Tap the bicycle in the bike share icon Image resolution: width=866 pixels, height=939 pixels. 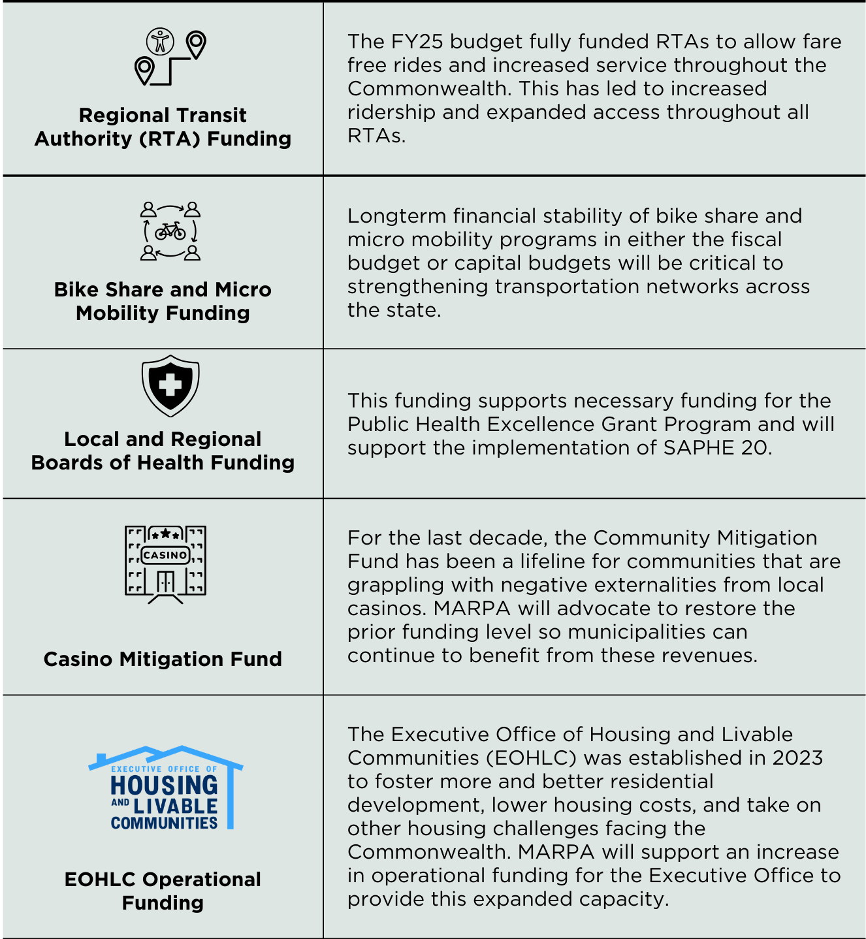(170, 231)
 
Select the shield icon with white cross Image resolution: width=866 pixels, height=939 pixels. (170, 385)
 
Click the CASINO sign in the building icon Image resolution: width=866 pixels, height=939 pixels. (165, 555)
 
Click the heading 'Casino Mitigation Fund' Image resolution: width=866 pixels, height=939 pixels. (163, 659)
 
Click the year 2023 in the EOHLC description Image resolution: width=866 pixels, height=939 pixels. (797, 758)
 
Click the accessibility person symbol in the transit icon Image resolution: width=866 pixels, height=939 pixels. (160, 41)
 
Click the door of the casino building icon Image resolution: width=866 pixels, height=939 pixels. (165, 581)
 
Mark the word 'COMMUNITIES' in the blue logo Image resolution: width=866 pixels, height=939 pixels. (164, 823)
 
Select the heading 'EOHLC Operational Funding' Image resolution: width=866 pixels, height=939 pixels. (163, 891)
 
